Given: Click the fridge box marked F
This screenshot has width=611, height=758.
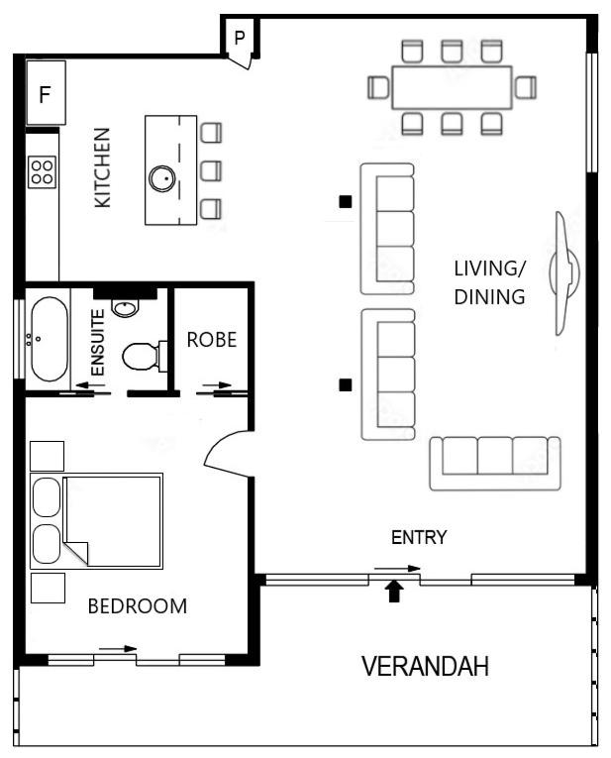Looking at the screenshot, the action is (46, 92).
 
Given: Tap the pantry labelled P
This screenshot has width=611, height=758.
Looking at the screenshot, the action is (240, 38).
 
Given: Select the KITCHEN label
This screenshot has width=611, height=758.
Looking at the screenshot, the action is (102, 167).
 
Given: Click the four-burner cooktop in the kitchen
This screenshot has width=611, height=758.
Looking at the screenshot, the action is (42, 172).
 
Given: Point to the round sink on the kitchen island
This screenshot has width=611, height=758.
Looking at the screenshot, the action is (161, 178).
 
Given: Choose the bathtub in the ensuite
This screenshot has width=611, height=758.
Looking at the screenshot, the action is (50, 339).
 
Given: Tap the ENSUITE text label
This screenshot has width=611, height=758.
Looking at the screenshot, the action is (98, 342).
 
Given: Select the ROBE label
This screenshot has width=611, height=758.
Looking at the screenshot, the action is (212, 340).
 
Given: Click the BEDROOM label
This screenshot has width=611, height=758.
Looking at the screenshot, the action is (138, 606).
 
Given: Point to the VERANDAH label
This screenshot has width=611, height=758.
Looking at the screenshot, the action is (425, 666).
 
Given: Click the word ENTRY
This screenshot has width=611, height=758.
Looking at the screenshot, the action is (419, 537).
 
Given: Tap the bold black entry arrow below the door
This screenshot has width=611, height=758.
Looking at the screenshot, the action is (395, 592).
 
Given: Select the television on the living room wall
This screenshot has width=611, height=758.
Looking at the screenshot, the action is (564, 273).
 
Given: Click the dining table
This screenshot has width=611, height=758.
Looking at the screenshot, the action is (452, 87).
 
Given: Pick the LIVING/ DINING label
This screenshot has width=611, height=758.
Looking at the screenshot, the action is (489, 282).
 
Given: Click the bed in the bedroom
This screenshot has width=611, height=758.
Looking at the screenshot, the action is (97, 521).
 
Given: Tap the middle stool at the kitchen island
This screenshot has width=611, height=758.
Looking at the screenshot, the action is (211, 171).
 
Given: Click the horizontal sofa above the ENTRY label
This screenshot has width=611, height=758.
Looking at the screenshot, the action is (495, 463).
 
